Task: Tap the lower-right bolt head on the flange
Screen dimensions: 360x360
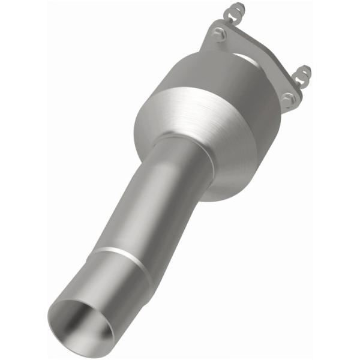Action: tap(289, 98)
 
